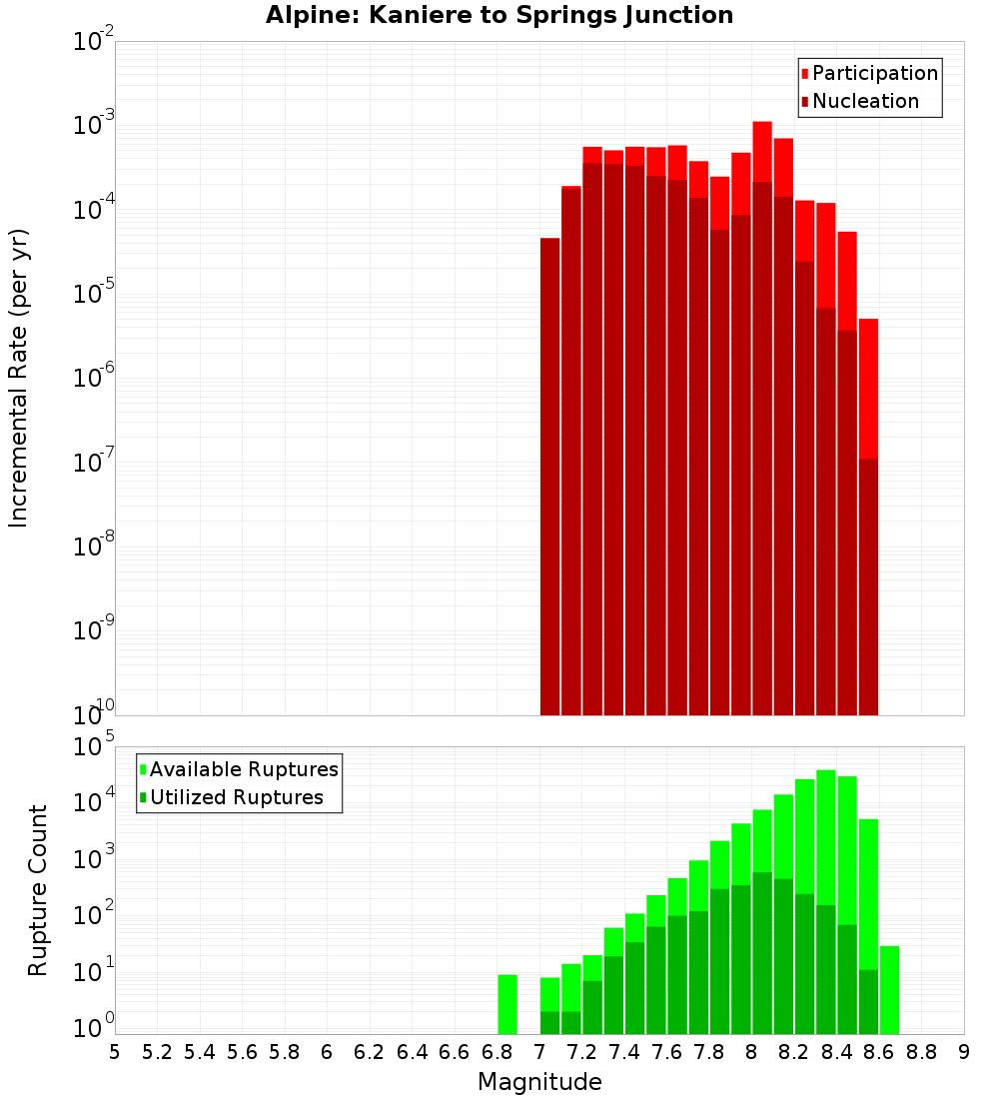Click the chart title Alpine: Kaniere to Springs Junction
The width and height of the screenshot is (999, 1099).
pyautogui.click(x=499, y=15)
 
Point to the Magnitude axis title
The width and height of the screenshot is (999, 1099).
pyautogui.click(x=539, y=1082)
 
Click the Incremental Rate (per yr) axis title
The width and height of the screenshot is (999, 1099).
pyautogui.click(x=18, y=378)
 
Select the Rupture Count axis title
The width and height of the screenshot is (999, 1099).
pyautogui.click(x=38, y=890)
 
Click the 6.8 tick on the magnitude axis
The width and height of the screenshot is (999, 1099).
pyautogui.click(x=497, y=1052)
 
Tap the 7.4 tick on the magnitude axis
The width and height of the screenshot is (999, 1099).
pyautogui.click(x=624, y=1052)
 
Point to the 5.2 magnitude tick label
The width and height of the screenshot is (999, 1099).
pyautogui.click(x=157, y=1052)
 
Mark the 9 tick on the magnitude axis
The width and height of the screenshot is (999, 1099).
pyautogui.click(x=964, y=1052)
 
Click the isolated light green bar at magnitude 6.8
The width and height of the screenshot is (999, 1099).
pyautogui.click(x=507, y=1004)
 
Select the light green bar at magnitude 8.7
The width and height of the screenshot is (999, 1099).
pyautogui.click(x=889, y=989)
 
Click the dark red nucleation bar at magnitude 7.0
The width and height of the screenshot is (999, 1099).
pyautogui.click(x=549, y=480)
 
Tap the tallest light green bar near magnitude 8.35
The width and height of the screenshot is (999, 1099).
pyautogui.click(x=826, y=839)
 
